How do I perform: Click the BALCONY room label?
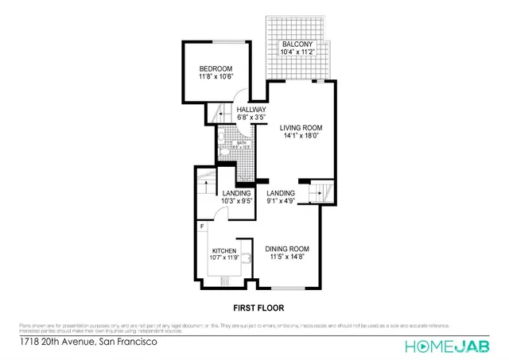pyautogui.click(x=297, y=45)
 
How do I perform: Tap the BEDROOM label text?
pyautogui.click(x=215, y=69)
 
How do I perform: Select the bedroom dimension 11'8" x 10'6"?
pyautogui.click(x=215, y=78)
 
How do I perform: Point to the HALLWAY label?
pyautogui.click(x=251, y=110)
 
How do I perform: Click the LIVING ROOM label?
pyautogui.click(x=301, y=126)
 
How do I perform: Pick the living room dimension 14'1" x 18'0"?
pyautogui.click(x=301, y=135)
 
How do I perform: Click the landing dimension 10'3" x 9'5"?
pyautogui.click(x=237, y=201)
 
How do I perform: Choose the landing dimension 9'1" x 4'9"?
pyautogui.click(x=281, y=201)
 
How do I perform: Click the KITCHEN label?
pyautogui.click(x=224, y=250)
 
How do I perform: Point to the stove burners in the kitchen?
pyautogui.click(x=224, y=281)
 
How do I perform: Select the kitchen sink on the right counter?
pyautogui.click(x=248, y=257)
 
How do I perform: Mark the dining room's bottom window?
pyautogui.click(x=285, y=287)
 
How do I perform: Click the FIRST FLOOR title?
pyautogui.click(x=258, y=307)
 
